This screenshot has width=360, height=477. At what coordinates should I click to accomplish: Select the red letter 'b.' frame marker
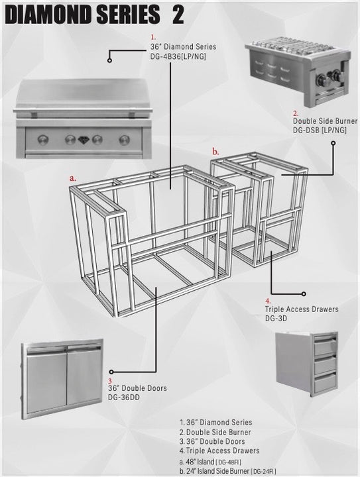coord(215,152)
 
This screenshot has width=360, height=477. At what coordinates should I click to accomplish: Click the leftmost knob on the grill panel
coord(43,139)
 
